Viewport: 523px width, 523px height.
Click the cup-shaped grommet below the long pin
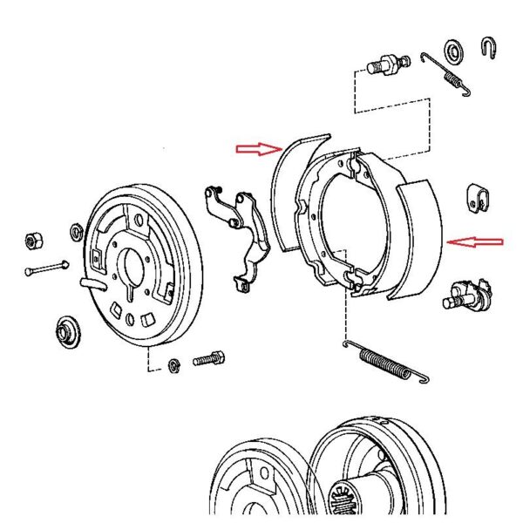point(66,330)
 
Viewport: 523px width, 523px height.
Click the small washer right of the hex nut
point(75,231)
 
